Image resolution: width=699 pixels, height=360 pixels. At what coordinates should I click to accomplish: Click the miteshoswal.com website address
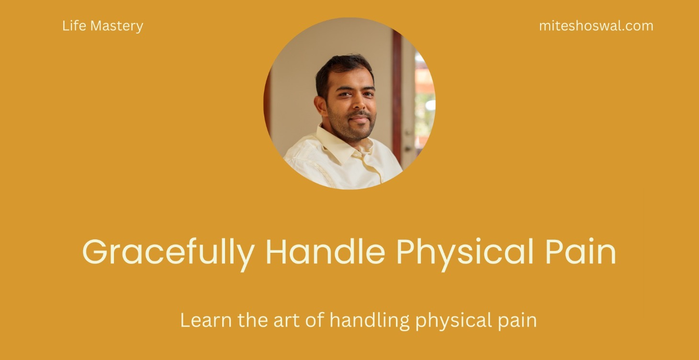coord(596,26)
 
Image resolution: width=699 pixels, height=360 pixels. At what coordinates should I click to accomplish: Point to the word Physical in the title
coord(464,252)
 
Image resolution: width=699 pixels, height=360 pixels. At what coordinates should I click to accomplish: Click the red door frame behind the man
coord(397,96)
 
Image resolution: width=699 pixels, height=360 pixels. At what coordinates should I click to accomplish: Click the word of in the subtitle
coord(315,320)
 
